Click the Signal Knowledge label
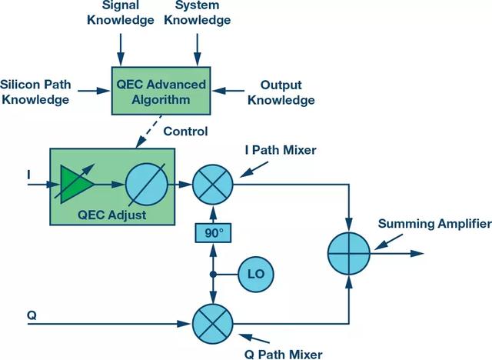121,14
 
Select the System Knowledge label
197,14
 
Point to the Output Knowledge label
286,92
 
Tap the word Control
186,131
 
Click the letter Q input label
31,315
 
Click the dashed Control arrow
148,132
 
